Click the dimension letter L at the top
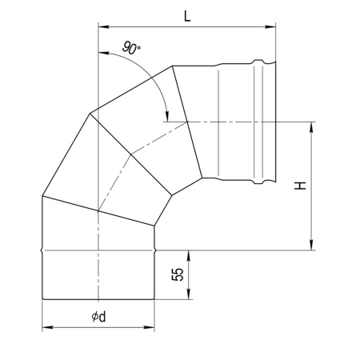[186, 14]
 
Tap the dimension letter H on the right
[300, 186]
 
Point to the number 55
[178, 275]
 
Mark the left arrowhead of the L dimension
[101, 25]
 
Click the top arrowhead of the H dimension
[311, 126]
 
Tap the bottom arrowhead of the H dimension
[311, 246]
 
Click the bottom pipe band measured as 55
[98, 276]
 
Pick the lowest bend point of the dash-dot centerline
[98, 212]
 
